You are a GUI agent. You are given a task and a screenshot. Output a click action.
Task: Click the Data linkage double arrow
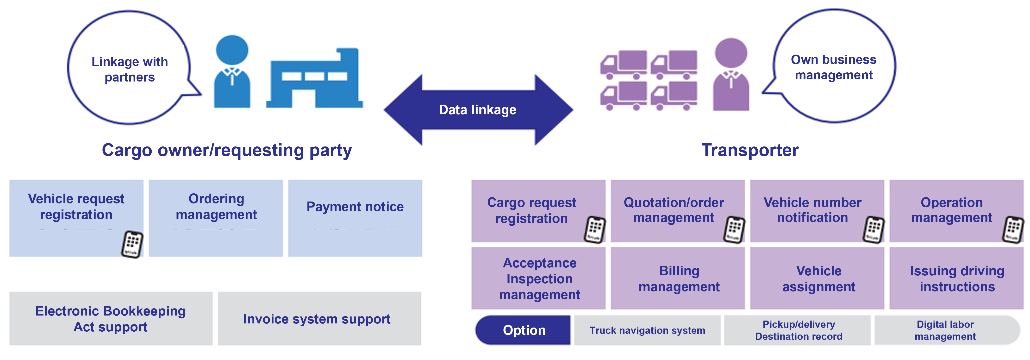coord(478,110)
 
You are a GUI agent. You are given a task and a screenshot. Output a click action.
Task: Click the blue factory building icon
coord(315,80)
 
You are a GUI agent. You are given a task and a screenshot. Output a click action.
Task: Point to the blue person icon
coord(232,72)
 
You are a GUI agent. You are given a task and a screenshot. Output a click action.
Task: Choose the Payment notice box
coord(355,218)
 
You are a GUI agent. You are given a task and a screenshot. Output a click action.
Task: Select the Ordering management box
coord(216,218)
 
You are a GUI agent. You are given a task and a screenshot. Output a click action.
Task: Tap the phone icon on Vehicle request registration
coord(132,244)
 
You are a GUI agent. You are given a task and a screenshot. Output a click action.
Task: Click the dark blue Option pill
coord(523,330)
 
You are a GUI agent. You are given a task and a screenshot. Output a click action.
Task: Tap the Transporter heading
coord(750,150)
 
